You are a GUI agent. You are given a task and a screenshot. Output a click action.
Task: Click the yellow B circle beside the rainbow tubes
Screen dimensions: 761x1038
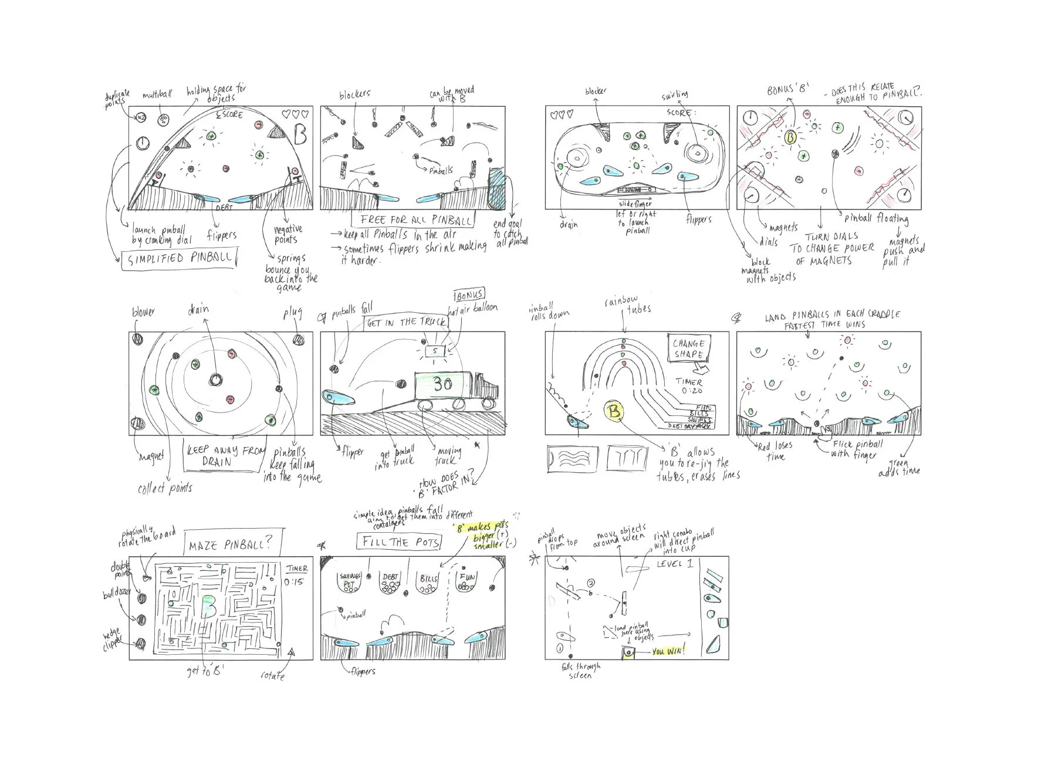(614, 411)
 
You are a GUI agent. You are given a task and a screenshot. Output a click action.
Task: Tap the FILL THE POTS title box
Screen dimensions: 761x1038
(399, 542)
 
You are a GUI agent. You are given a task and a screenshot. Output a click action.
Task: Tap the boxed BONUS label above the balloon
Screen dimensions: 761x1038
(471, 293)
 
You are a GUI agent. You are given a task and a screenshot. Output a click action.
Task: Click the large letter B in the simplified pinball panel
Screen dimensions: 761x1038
(300, 136)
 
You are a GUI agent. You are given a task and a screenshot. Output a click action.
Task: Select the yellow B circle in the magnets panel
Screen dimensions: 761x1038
(790, 137)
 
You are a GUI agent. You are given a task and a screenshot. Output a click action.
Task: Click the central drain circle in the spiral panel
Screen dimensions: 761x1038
(215, 380)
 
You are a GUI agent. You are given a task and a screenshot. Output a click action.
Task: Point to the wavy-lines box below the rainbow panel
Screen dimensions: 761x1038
(572, 458)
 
